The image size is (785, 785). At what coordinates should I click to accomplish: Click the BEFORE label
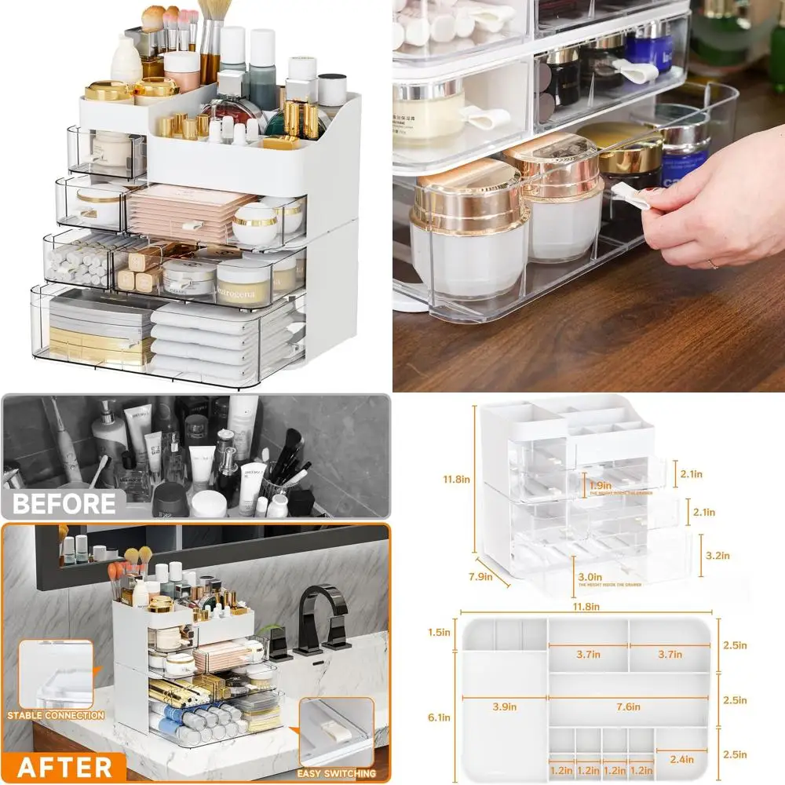[64, 502]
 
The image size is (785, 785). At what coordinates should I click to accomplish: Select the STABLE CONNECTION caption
[56, 715]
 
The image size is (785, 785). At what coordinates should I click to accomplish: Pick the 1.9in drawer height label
[601, 485]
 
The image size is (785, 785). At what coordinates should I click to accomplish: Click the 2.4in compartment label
[681, 758]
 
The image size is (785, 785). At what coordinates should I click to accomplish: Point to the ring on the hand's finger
[714, 265]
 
